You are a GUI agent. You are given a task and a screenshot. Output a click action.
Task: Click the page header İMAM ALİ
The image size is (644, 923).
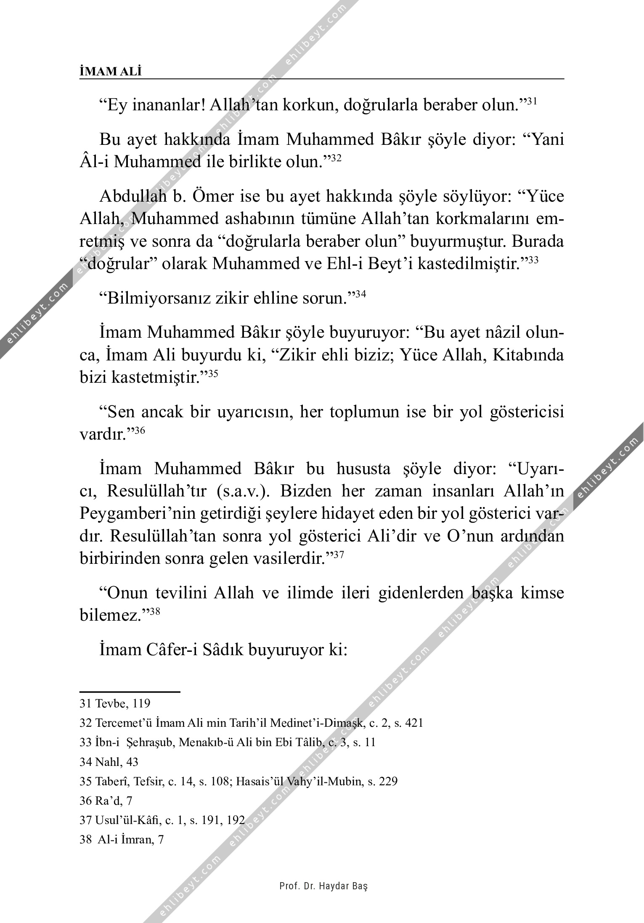click(111, 72)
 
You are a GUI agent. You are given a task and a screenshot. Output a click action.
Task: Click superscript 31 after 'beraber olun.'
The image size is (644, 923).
click(532, 101)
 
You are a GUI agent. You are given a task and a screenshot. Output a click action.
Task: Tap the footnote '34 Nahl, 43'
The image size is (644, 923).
click(109, 762)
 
